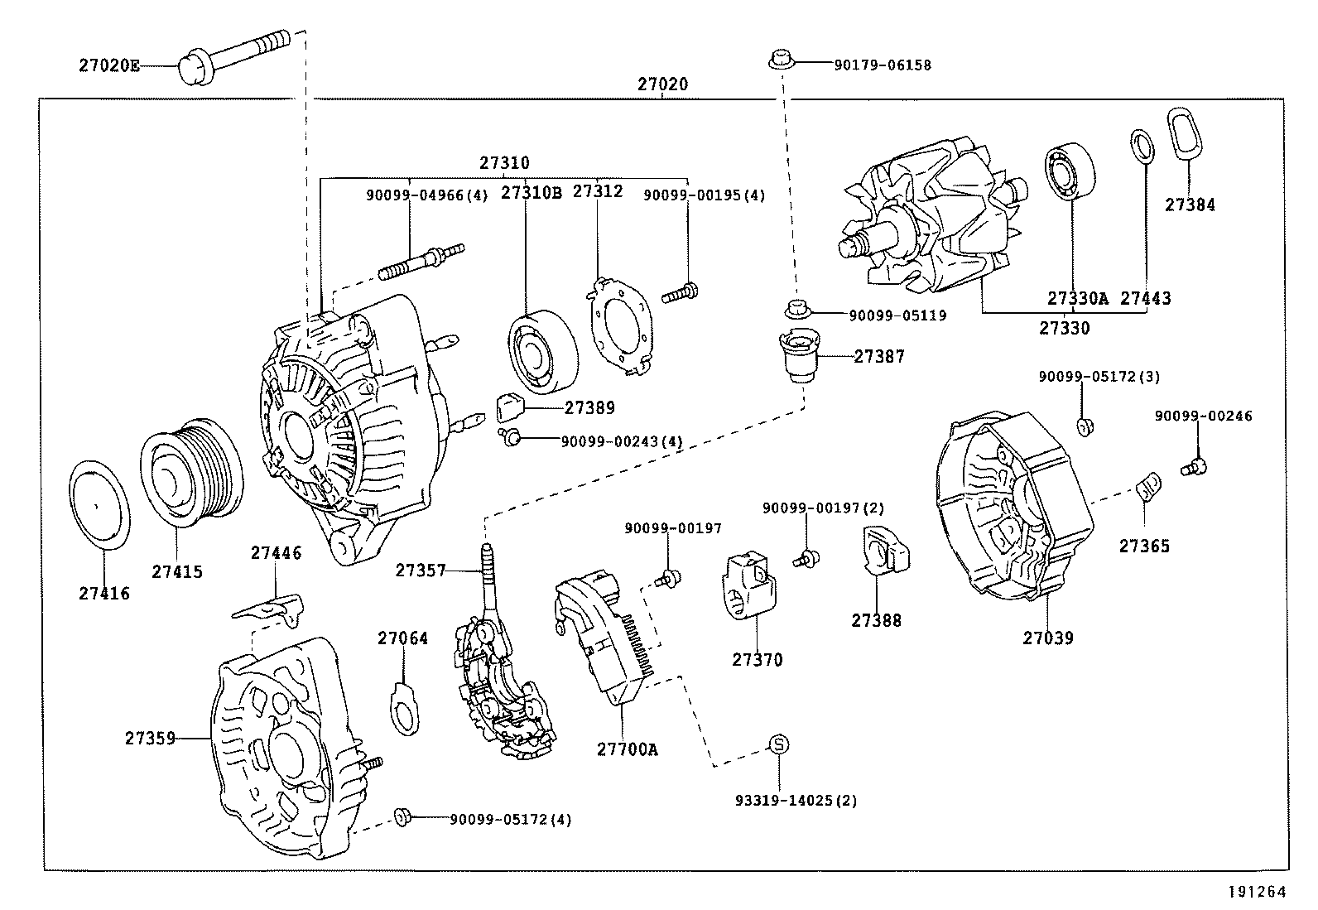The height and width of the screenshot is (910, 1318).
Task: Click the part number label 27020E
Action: click(109, 65)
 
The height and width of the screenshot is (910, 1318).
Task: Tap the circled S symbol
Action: click(779, 744)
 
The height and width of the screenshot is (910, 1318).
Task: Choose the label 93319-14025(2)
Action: click(796, 801)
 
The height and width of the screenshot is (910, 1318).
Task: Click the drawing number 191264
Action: click(1258, 892)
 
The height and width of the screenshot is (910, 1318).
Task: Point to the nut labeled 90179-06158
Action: click(777, 60)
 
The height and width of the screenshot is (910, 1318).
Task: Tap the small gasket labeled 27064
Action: click(405, 708)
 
